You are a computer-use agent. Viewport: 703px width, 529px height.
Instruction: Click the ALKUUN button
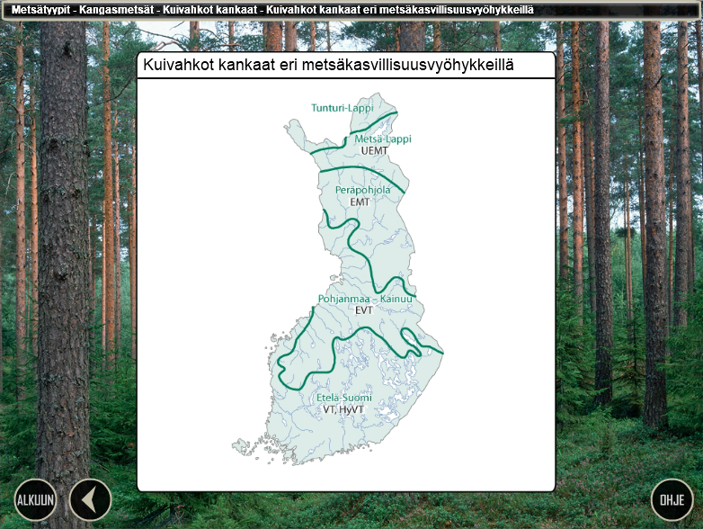pos(35,500)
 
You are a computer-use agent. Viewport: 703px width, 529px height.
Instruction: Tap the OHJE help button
pos(672,500)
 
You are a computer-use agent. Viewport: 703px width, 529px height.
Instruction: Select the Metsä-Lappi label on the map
pos(382,139)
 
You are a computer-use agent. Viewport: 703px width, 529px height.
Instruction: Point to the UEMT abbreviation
pos(374,151)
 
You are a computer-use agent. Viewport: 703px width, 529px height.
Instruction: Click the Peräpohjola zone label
pos(362,191)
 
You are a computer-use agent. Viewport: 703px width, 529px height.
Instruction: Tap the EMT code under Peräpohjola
pos(360,202)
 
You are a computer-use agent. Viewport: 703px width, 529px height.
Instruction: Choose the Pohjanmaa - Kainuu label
pos(365,299)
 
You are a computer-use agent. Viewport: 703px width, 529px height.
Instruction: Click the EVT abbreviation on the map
pos(363,310)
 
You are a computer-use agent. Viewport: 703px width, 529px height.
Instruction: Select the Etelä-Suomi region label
pos(344,398)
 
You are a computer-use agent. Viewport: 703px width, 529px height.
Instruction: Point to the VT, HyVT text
pos(344,409)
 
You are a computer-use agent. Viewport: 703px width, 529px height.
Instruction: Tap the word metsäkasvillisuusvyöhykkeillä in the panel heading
pos(409,67)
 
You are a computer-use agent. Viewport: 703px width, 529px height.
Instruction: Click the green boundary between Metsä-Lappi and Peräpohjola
pos(360,170)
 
